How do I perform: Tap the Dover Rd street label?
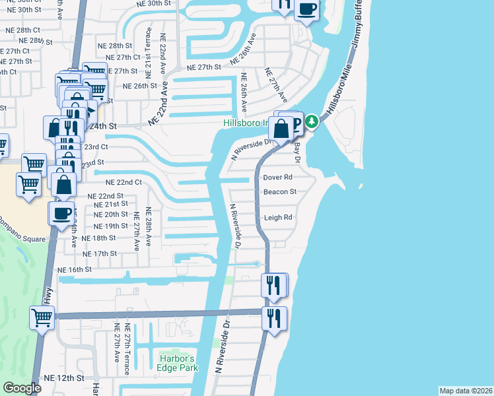point(277,178)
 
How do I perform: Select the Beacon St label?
point(280,191)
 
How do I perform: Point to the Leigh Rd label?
point(277,217)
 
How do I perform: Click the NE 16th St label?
point(75,270)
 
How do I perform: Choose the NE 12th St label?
point(64,378)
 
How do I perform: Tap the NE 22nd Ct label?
point(118,182)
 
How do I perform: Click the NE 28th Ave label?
point(149,228)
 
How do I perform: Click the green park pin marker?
point(311,121)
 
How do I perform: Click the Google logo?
point(22,388)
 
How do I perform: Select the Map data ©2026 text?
point(466,390)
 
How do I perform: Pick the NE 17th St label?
point(100,253)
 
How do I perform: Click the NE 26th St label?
point(140,85)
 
